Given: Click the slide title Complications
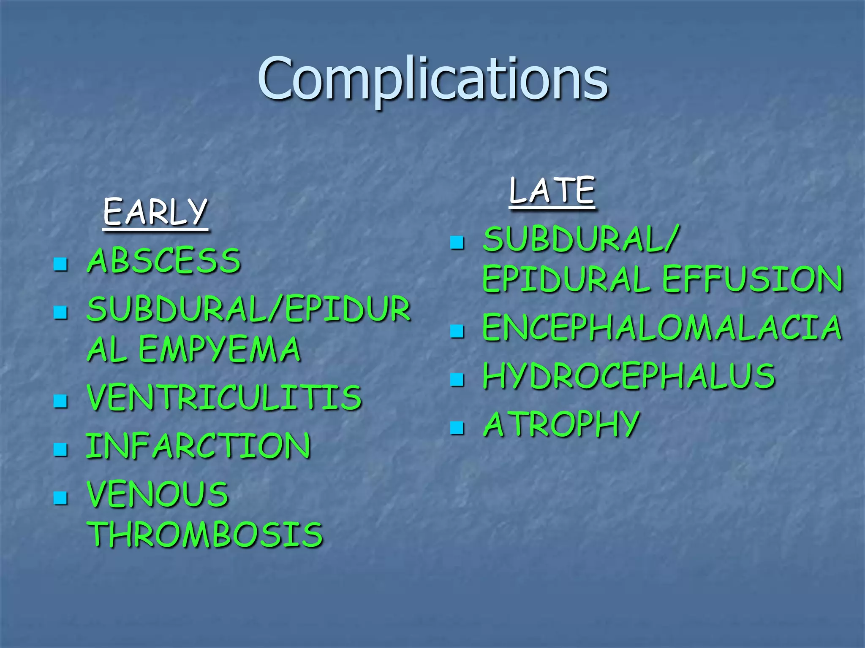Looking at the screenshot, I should tap(432, 79).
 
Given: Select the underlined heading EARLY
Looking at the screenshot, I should tap(155, 212).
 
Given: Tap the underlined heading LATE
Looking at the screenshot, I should tap(552, 191).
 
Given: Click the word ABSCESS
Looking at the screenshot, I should tap(164, 261).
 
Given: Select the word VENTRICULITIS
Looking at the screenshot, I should tap(224, 398).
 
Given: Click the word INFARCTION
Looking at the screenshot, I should tap(199, 446).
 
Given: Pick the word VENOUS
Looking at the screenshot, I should tap(158, 494).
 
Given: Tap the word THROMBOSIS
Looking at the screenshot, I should tap(205, 535).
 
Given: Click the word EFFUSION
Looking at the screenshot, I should tap(752, 279).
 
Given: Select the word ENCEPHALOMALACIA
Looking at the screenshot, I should tap(662, 328).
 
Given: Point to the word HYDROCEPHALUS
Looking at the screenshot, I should tap(629, 376).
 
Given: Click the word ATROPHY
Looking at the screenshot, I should tap(561, 424).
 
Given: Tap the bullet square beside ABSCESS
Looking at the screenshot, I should tap(61, 264).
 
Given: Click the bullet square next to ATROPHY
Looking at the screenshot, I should tap(457, 428).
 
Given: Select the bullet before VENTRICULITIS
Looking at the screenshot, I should tap(61, 401).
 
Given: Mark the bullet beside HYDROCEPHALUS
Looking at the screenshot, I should tap(457, 380).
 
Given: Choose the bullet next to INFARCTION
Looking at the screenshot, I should tap(61, 450).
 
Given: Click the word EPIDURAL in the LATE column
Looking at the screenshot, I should tap(566, 279).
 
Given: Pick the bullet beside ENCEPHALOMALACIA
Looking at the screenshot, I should tap(457, 331).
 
